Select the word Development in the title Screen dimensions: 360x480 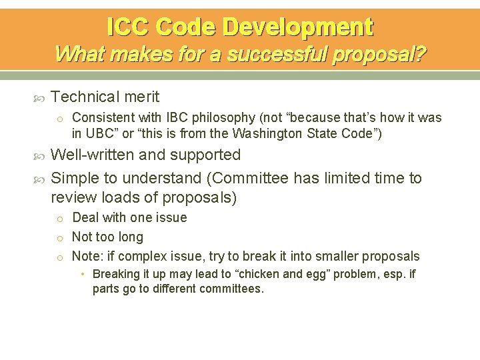click(x=298, y=27)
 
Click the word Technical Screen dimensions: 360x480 click(x=83, y=97)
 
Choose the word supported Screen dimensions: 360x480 click(x=207, y=155)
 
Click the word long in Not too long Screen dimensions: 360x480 click(x=130, y=237)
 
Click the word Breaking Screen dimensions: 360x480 click(x=117, y=274)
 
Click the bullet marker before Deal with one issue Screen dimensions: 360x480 click(x=59, y=219)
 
